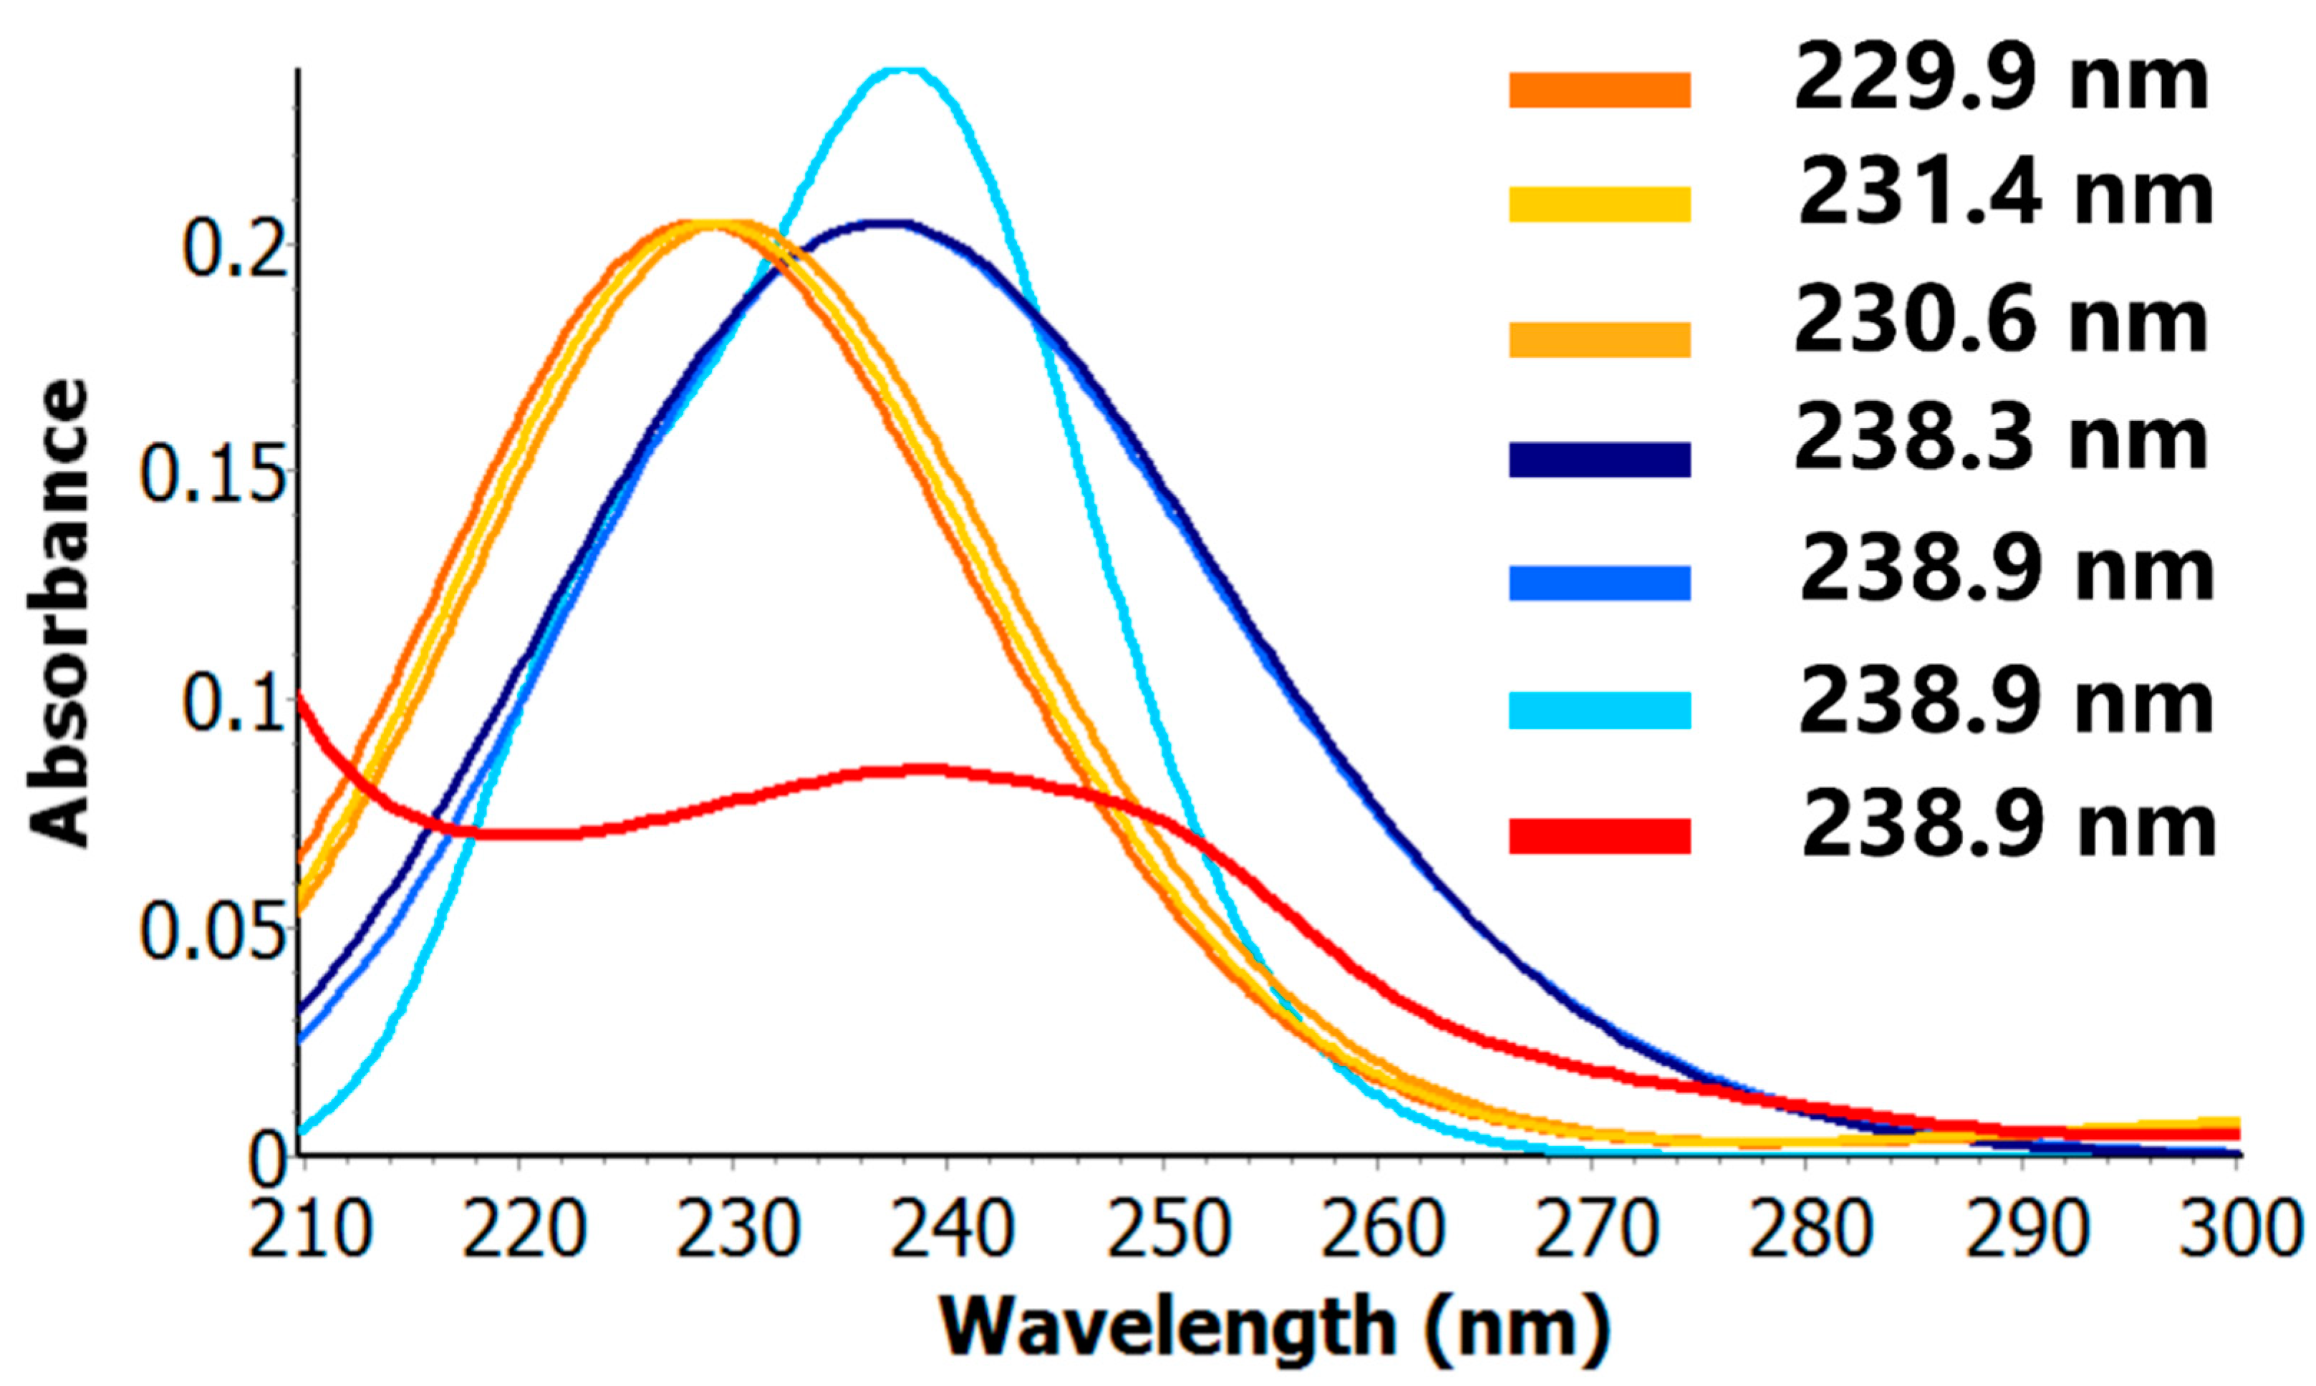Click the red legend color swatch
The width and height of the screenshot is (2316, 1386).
tap(1599, 836)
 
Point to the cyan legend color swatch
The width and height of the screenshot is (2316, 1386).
tap(1599, 709)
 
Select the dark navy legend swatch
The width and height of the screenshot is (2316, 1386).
tap(1599, 460)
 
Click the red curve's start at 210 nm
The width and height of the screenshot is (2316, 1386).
tap(301, 696)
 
